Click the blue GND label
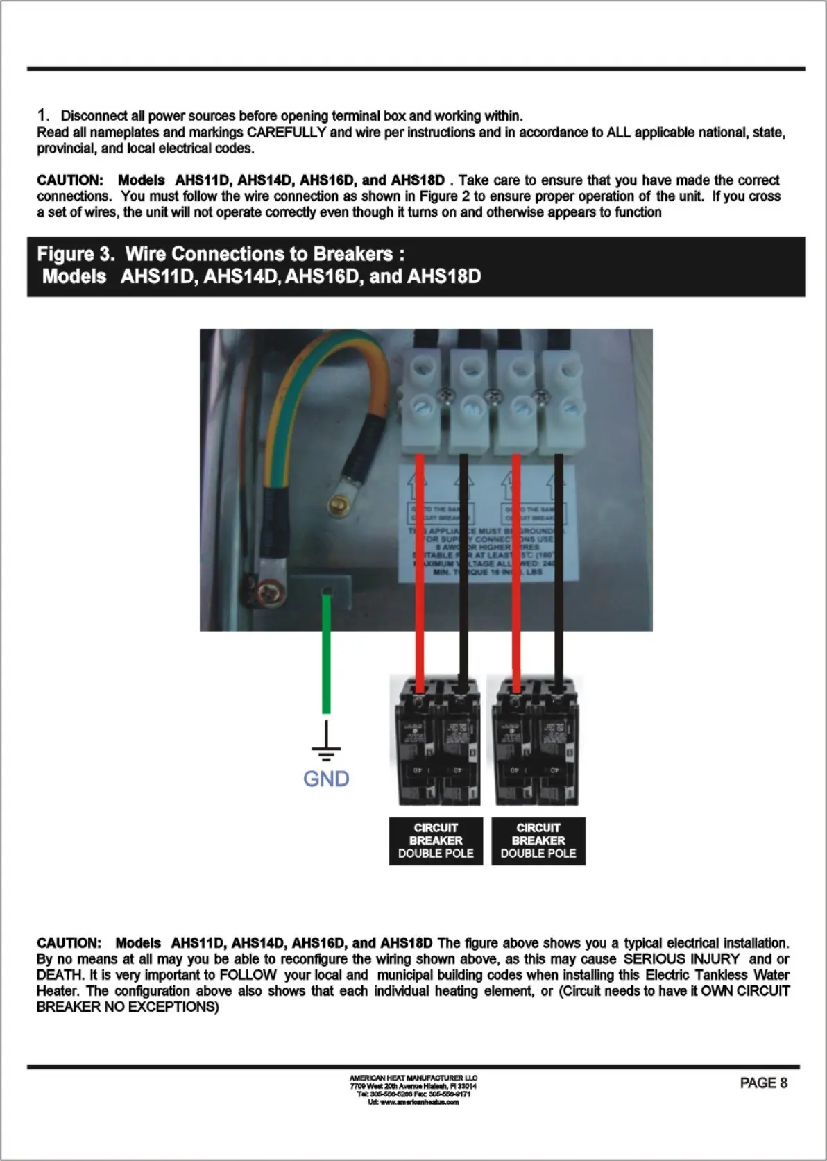pos(326,779)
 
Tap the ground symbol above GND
pos(325,742)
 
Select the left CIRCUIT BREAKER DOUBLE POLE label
pos(436,840)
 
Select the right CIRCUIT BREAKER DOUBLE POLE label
pos(538,840)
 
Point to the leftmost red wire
pos(419,569)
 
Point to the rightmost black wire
pos(559,569)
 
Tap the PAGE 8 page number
pos(763,1083)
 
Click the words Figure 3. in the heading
pos(76,254)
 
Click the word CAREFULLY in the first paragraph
pos(287,132)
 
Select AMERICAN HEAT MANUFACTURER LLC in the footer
pos(413,1078)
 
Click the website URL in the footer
pos(413,1102)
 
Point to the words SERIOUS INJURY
pos(681,959)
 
